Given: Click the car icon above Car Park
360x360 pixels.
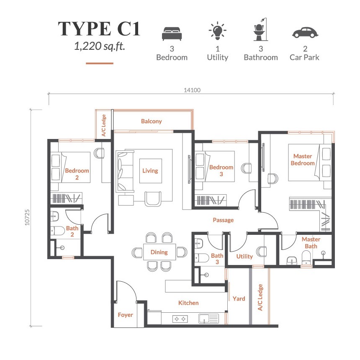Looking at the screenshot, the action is [x=305, y=33].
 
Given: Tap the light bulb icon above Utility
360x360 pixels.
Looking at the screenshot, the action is [x=217, y=30].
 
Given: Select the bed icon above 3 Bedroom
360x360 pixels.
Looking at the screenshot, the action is [x=172, y=33].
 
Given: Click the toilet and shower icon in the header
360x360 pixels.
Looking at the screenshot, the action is [x=261, y=29].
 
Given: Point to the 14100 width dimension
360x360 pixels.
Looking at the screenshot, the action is [x=192, y=90].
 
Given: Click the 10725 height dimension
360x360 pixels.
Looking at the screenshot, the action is [x=27, y=217].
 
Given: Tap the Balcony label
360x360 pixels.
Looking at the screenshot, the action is [x=151, y=121].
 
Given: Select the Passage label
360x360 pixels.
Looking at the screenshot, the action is [x=223, y=220].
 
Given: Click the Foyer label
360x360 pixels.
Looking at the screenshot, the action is [x=125, y=315].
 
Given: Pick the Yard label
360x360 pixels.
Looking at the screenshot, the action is [x=239, y=299].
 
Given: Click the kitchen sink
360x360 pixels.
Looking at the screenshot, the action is [x=208, y=319].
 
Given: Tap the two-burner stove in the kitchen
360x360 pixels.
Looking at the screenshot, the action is [x=180, y=319].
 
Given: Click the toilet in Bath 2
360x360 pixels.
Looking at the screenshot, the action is [x=58, y=231].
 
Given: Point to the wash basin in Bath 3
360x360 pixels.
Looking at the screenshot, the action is [x=198, y=243].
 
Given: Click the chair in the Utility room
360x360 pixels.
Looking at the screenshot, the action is [x=262, y=252].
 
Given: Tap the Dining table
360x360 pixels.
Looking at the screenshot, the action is [x=159, y=252].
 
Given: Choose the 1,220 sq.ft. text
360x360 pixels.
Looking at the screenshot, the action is [x=100, y=46].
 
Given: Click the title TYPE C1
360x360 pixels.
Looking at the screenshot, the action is [x=99, y=29].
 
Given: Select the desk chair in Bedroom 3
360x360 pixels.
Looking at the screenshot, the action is [x=247, y=168].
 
